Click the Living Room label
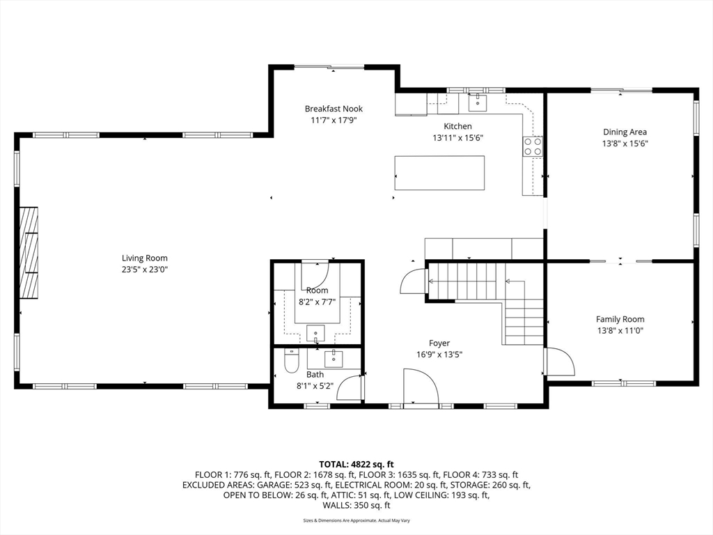[x=145, y=258]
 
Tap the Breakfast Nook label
[x=334, y=109]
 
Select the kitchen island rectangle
[x=439, y=173]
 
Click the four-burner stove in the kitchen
[x=533, y=146]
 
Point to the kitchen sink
[x=478, y=102]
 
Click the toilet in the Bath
[x=291, y=361]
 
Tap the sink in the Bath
[x=334, y=359]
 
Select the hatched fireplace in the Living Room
[x=29, y=253]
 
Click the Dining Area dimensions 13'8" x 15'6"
[x=625, y=144]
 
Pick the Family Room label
[x=620, y=319]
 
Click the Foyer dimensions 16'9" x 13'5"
[x=439, y=355]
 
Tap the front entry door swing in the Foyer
[x=421, y=386]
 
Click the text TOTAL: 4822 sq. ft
[x=356, y=465]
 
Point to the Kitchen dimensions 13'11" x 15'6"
[x=457, y=138]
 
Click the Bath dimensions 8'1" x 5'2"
[x=315, y=386]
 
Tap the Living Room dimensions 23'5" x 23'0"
[x=145, y=270]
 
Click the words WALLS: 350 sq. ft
[x=356, y=506]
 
